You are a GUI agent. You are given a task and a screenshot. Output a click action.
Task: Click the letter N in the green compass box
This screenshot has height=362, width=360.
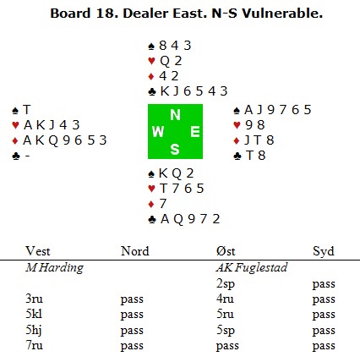click(175, 115)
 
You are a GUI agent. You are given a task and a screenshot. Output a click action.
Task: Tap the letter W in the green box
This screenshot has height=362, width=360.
click(158, 132)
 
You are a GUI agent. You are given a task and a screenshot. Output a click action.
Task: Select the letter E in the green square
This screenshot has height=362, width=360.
click(195, 132)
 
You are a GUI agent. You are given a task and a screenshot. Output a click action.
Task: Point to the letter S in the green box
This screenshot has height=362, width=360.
click(175, 149)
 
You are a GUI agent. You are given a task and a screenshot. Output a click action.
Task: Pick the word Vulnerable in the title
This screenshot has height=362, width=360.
click(282, 14)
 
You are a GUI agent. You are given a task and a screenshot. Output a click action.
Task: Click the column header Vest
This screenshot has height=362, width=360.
click(38, 251)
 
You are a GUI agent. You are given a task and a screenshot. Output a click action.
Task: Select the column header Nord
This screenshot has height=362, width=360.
click(135, 251)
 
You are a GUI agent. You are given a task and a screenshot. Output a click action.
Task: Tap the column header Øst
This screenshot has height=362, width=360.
click(226, 251)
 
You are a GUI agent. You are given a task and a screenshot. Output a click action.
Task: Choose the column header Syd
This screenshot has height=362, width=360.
click(324, 251)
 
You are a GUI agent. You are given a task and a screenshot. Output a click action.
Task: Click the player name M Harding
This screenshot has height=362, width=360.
click(55, 267)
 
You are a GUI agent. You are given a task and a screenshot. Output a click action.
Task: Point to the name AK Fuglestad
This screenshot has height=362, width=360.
click(252, 267)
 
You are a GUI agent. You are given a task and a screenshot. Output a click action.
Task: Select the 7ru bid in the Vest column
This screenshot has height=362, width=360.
click(34, 345)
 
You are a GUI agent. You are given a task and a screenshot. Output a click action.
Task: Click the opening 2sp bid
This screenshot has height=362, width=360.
click(226, 283)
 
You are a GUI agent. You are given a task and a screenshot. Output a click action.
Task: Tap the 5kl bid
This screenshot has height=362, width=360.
click(34, 314)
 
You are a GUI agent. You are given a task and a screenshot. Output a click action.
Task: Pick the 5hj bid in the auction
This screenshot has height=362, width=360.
click(34, 330)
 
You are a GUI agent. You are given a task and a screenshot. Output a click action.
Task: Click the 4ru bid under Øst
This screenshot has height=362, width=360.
click(225, 299)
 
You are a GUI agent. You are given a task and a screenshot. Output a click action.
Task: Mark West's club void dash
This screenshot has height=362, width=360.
click(27, 156)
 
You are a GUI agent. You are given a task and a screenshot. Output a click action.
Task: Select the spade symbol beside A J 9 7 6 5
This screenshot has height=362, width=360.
click(237, 110)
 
